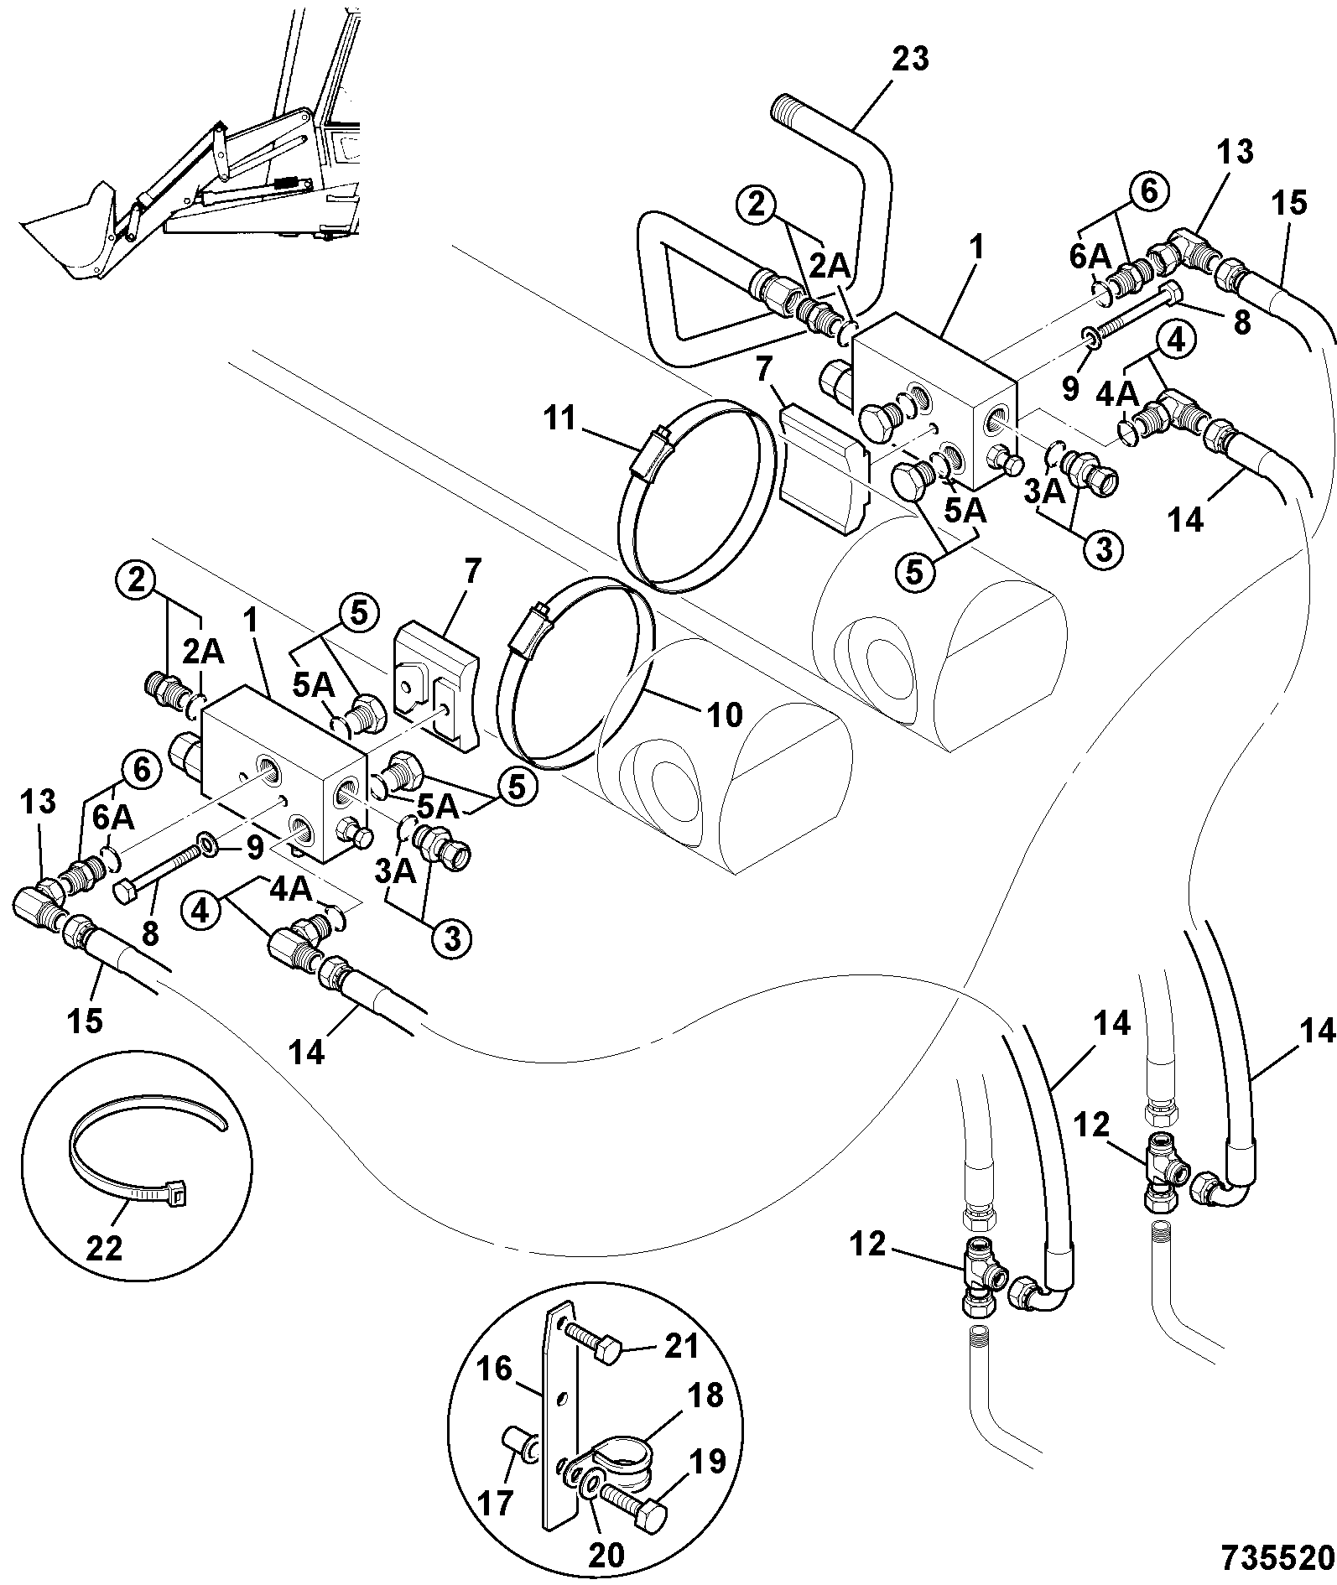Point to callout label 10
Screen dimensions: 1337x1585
[725, 715]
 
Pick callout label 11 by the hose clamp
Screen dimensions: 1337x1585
[559, 418]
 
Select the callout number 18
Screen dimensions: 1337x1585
[703, 1395]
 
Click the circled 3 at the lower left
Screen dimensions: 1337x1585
[451, 939]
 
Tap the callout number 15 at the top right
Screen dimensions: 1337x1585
[1290, 202]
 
